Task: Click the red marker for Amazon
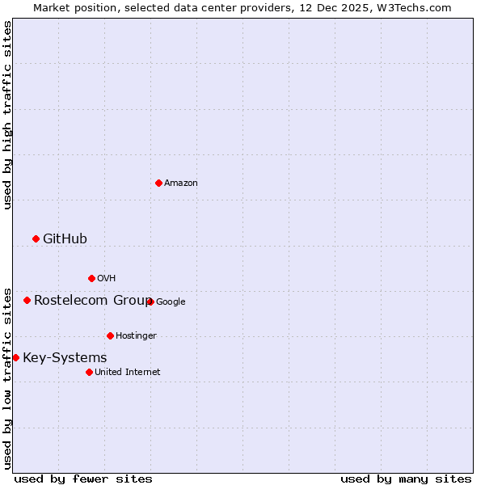point(158,183)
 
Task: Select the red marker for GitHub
point(36,238)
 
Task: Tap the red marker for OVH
point(91,278)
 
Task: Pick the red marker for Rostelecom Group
point(27,300)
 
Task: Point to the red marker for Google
point(150,302)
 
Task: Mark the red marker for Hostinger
point(110,335)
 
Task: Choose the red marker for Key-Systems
point(15,357)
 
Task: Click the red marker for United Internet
point(89,372)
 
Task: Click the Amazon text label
point(181,183)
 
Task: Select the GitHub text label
point(65,238)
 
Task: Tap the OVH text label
point(107,279)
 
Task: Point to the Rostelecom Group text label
point(92,300)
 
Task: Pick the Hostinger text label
point(136,336)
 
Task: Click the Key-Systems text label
point(65,357)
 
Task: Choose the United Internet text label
point(128,373)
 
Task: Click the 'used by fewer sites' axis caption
point(83,479)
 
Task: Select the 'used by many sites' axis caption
point(406,479)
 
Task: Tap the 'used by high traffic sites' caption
point(7,116)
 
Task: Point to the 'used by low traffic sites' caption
point(7,378)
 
